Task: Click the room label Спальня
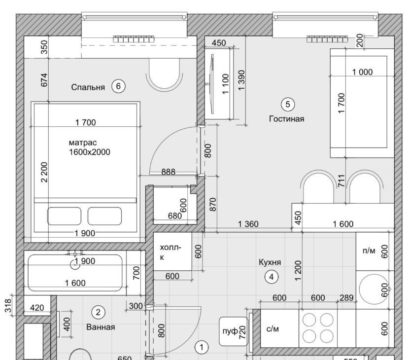[88, 87]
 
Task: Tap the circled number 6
[118, 86]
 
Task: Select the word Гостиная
[287, 119]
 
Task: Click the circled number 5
[288, 105]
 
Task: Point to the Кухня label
[270, 262]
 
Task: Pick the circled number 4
[272, 277]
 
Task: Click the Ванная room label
[101, 327]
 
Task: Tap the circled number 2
[99, 313]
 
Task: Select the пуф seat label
[230, 331]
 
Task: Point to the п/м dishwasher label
[369, 251]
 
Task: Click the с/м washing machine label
[273, 329]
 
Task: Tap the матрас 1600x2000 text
[90, 147]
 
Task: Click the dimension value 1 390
[241, 80]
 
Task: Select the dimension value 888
[169, 172]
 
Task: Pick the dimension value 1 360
[248, 224]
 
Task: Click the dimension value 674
[44, 80]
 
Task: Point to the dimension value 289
[346, 297]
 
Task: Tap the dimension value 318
[8, 305]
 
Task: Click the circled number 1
[202, 348]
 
